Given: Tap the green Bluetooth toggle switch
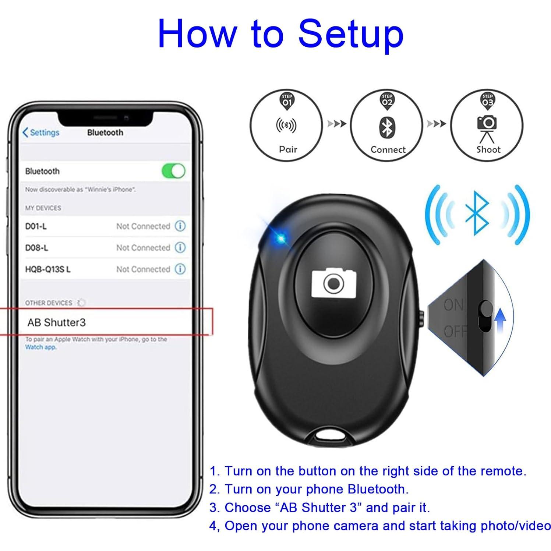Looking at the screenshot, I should point(173,171).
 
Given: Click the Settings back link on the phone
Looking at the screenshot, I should point(41,133).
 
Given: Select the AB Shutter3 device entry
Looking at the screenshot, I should point(57,322).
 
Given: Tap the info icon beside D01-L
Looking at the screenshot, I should point(180,226).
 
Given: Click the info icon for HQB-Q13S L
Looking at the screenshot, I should point(180,269).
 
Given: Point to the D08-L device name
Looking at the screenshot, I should point(36,248).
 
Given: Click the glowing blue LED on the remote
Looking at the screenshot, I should point(281,238).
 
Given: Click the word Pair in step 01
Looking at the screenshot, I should point(288,149).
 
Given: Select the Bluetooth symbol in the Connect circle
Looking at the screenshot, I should point(387,128).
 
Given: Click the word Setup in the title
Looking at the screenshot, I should point(351,34).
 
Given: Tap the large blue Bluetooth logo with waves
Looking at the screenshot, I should point(477,213).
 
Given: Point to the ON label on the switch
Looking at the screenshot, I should point(454,305).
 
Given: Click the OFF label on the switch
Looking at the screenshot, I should point(455,331).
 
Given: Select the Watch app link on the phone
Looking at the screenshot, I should point(40,347).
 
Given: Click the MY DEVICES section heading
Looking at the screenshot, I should point(43,208).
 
